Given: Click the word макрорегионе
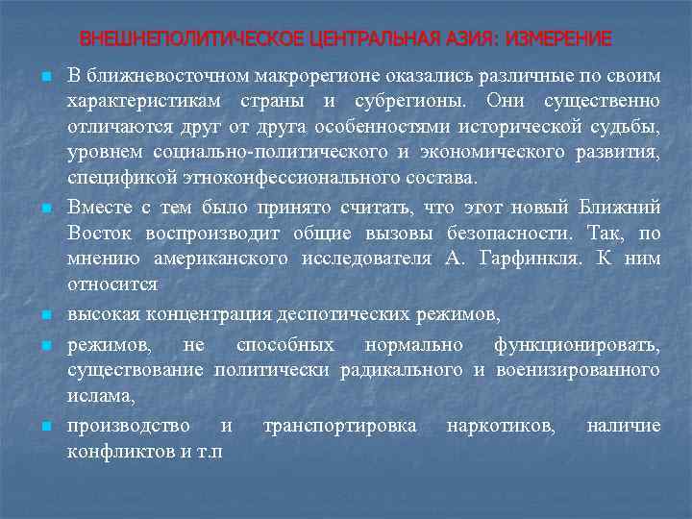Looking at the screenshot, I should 300,75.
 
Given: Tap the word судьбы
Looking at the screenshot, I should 629,127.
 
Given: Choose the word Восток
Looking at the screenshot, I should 99,232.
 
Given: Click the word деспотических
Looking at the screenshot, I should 342,314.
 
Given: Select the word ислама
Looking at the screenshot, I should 100,395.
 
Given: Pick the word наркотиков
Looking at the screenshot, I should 500,425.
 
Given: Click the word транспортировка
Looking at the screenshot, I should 339,425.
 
